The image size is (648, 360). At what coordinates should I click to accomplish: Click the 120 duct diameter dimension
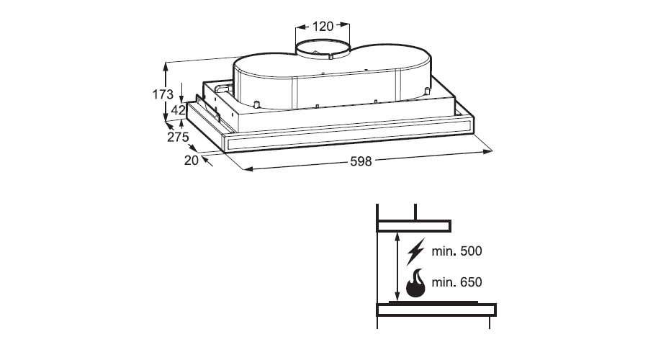323,27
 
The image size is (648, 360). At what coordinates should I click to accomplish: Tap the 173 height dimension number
163,94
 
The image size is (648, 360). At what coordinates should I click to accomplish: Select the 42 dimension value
178,110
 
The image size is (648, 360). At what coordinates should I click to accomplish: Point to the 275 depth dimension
178,137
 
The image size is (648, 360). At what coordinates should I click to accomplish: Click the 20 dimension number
192,161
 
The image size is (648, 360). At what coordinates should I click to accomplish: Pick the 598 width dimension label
361,161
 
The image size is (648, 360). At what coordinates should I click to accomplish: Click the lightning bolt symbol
415,251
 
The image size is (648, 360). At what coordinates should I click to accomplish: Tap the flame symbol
415,283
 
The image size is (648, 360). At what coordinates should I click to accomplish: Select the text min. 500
456,251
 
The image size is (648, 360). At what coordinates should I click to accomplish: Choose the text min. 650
456,282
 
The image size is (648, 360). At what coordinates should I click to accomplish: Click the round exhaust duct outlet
323,50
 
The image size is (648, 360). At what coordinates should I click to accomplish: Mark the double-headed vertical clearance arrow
397,267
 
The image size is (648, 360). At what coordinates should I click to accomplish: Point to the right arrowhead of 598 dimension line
487,152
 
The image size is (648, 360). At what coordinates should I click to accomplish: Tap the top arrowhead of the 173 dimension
166,68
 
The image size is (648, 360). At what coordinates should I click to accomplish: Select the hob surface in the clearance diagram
433,303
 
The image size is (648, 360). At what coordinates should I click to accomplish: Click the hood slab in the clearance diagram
413,225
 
